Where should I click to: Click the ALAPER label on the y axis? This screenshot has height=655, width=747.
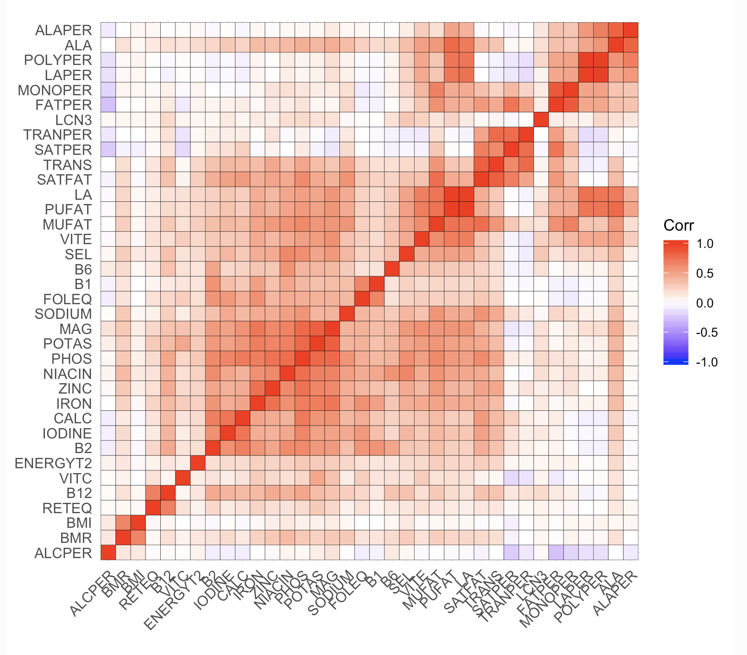pos(63,30)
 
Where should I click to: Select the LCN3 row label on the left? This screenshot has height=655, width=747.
pos(74,120)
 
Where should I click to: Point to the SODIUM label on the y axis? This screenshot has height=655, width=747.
pos(63,314)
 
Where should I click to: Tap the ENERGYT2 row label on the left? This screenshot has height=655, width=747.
pos(53,463)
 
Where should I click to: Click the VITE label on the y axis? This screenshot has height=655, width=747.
pos(76,239)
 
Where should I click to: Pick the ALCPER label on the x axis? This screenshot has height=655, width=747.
pos(93,593)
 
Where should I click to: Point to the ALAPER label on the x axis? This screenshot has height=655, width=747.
pos(616,593)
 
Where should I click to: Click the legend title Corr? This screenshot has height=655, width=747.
pos(678,226)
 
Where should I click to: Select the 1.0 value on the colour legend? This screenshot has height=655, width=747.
pos(704,244)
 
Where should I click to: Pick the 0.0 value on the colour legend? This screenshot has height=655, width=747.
pos(704,303)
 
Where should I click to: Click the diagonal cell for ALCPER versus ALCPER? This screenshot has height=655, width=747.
pos(108,553)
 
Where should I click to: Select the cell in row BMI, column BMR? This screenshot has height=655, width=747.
pos(123,523)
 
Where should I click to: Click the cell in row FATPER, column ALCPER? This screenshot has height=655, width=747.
pos(108,104)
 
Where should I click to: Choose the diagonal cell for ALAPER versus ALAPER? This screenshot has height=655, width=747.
pos(631,30)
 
